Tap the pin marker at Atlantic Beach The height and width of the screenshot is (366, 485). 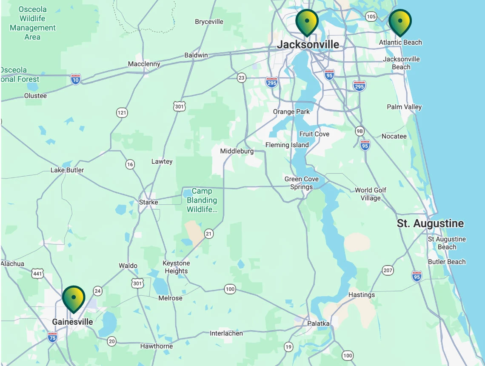pyautogui.click(x=400, y=22)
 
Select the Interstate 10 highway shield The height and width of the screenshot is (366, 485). pyautogui.click(x=75, y=79)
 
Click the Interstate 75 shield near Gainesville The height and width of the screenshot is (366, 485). pyautogui.click(x=52, y=337)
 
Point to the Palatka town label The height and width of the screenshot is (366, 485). pyautogui.click(x=318, y=323)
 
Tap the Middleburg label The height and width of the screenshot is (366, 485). pyautogui.click(x=237, y=151)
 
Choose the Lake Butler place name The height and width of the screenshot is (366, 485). pyautogui.click(x=67, y=170)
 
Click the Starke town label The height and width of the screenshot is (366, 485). pyautogui.click(x=148, y=202)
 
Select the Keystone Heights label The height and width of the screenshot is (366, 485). pyautogui.click(x=176, y=267)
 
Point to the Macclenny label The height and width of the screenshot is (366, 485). pyautogui.click(x=144, y=64)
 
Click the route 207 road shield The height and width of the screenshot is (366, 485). pyautogui.click(x=388, y=270)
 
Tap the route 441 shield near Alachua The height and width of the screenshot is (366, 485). pyautogui.click(x=38, y=274)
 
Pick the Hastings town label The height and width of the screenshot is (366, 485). pyautogui.click(x=362, y=295)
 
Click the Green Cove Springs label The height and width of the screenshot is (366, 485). pyautogui.click(x=302, y=183)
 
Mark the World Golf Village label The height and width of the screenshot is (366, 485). pyautogui.click(x=371, y=194)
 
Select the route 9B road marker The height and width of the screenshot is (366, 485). pyautogui.click(x=360, y=131)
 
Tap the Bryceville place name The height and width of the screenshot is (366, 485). pyautogui.click(x=209, y=22)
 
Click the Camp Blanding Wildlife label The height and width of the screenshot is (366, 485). pyautogui.click(x=202, y=200)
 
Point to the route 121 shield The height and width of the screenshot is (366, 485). pyautogui.click(x=122, y=113)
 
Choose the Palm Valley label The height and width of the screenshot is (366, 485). pyautogui.click(x=404, y=107)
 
